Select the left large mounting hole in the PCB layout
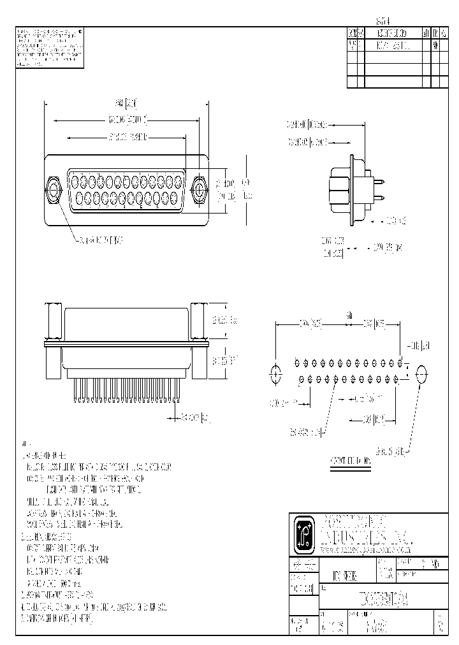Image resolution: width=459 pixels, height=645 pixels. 275,374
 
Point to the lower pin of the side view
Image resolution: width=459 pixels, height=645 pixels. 379,196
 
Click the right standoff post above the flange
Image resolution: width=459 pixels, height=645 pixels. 198,323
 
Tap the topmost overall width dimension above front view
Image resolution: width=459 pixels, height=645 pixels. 126,103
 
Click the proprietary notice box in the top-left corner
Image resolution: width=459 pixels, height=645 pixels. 48,47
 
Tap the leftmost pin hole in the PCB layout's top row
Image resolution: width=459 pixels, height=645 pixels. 297,363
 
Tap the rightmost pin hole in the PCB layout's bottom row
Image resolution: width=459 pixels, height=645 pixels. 397,379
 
